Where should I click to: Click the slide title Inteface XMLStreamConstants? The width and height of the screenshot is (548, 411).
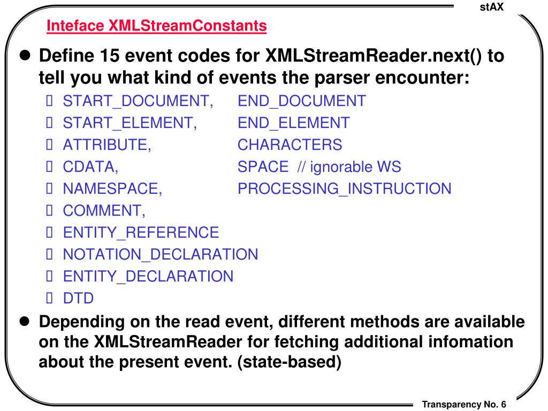tap(156, 25)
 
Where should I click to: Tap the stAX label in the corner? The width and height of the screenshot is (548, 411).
tap(492, 6)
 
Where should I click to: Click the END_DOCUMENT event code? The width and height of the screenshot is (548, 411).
tap(302, 101)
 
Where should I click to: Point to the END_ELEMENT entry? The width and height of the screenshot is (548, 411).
tap(293, 123)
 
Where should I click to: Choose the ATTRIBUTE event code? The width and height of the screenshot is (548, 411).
tap(107, 144)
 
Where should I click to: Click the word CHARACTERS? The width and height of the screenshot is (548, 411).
tap(290, 144)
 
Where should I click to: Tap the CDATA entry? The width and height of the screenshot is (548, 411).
tap(90, 166)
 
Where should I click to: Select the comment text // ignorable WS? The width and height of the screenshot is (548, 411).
tap(349, 166)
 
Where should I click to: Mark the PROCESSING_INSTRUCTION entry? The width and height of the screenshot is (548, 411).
tap(344, 188)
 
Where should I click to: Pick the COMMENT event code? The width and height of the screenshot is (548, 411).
tap(104, 210)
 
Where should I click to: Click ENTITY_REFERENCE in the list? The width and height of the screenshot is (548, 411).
tap(141, 232)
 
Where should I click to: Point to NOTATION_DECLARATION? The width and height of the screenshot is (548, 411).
tap(160, 254)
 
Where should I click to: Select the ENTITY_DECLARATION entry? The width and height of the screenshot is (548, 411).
tap(148, 276)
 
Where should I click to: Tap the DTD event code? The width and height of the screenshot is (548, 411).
tap(78, 298)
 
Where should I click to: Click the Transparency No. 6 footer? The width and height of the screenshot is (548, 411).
tap(464, 404)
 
